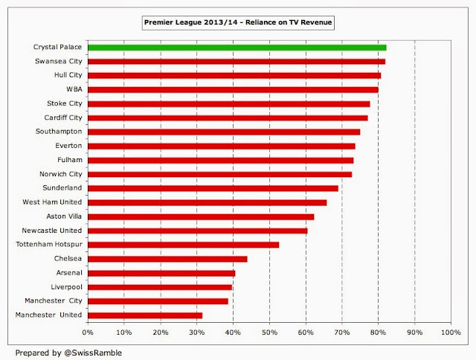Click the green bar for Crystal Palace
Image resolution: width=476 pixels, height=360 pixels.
237,47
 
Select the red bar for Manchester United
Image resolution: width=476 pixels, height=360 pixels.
145,315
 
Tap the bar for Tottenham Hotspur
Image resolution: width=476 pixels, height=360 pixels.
183,245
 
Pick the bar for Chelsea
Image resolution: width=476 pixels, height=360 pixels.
167,259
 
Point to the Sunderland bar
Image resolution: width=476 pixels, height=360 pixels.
213,188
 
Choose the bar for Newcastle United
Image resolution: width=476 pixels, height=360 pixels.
197,231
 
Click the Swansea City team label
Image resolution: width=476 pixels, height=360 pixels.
58,61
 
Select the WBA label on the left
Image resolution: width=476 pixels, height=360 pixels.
73,89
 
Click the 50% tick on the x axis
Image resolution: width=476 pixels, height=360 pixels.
269,332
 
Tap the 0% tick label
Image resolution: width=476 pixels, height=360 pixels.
88,332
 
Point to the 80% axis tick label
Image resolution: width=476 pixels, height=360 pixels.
378,332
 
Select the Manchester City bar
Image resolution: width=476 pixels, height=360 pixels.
158,301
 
